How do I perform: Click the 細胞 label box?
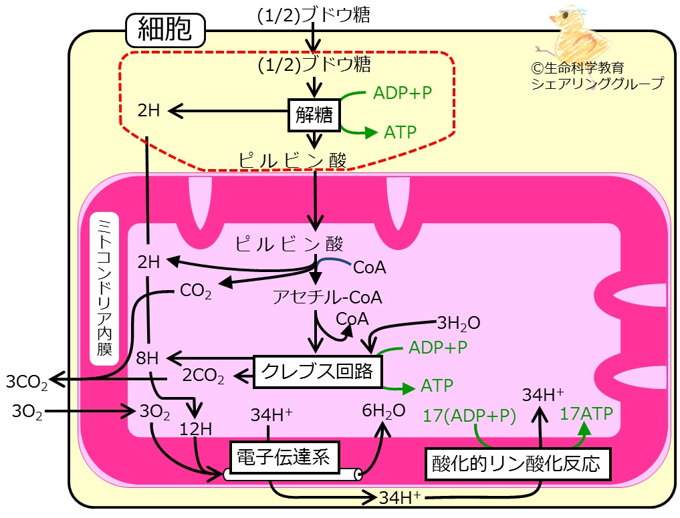tap(165, 30)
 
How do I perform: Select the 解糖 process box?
tap(314, 115)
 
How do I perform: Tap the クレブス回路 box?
tap(318, 372)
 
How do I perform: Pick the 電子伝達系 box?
tap(284, 457)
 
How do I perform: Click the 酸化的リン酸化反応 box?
tap(518, 464)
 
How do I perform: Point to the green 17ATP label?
tap(586, 414)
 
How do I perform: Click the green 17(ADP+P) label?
tap(469, 416)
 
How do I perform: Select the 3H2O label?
tap(459, 323)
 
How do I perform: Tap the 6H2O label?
tap(384, 410)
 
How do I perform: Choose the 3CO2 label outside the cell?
tap(27, 382)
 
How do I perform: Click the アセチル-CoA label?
tap(328, 297)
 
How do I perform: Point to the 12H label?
tap(196, 429)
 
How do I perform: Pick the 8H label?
tap(147, 358)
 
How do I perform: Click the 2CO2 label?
tap(203, 376)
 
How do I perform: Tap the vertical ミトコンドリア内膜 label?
tap(104, 288)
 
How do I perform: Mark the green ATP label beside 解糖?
tap(400, 132)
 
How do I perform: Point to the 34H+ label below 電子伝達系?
tap(400, 498)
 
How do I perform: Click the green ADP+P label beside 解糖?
tap(403, 93)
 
